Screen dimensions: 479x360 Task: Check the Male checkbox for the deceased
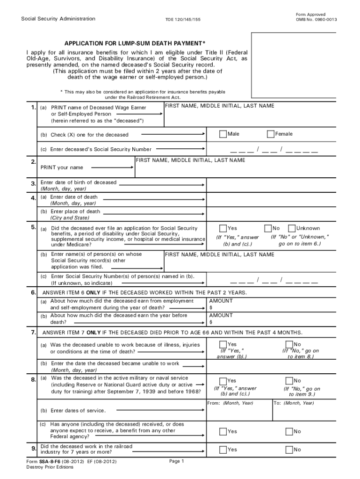click(x=223, y=134)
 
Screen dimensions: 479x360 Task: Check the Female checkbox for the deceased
click(x=270, y=134)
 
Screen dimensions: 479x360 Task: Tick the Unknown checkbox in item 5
click(x=291, y=228)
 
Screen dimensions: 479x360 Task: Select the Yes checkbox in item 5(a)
click(x=223, y=228)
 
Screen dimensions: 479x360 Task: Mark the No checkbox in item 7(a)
click(x=289, y=345)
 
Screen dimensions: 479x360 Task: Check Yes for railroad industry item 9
click(x=223, y=450)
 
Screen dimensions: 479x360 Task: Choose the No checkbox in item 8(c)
click(x=289, y=432)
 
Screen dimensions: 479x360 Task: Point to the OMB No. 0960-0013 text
click(x=316, y=19)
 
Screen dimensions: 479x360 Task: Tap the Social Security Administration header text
click(x=58, y=19)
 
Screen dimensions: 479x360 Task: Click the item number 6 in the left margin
click(x=33, y=292)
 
